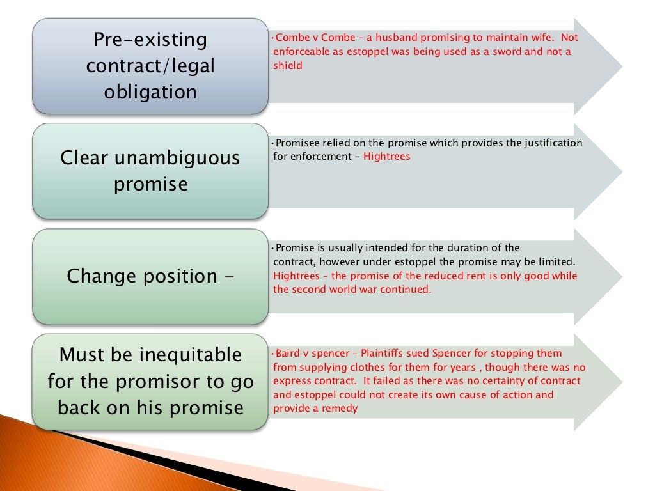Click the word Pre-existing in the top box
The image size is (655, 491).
150,40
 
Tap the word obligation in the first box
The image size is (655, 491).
150,92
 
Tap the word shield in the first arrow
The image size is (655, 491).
288,65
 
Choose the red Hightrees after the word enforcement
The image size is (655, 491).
386,157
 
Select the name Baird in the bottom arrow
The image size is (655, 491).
285,353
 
